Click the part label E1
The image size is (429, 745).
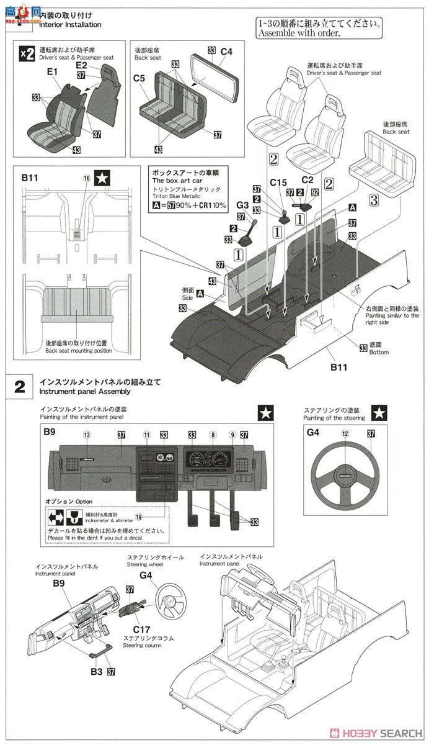point(51,72)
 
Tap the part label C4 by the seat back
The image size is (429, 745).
point(226,52)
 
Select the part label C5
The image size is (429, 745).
point(139,78)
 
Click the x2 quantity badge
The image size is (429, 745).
point(27,54)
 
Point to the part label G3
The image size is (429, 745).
point(242,205)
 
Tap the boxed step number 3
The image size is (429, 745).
point(373,200)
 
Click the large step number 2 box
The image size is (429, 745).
point(20,387)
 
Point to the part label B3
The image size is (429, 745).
point(95,671)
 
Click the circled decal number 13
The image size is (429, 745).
point(87,435)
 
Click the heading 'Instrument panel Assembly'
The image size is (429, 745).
point(84,392)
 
